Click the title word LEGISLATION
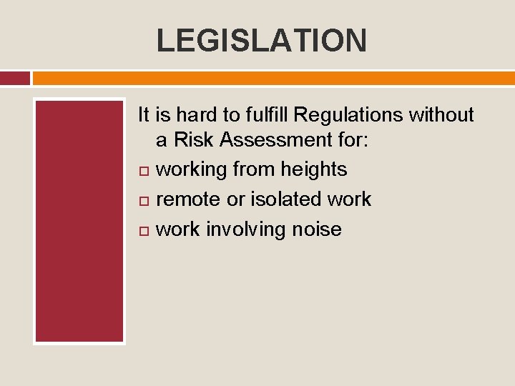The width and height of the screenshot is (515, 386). [x=261, y=40]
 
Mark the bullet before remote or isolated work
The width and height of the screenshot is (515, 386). [x=143, y=201]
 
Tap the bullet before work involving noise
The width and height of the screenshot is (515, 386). [x=143, y=231]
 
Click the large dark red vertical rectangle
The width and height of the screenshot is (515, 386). [x=79, y=221]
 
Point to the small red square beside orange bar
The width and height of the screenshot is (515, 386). [x=14, y=78]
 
